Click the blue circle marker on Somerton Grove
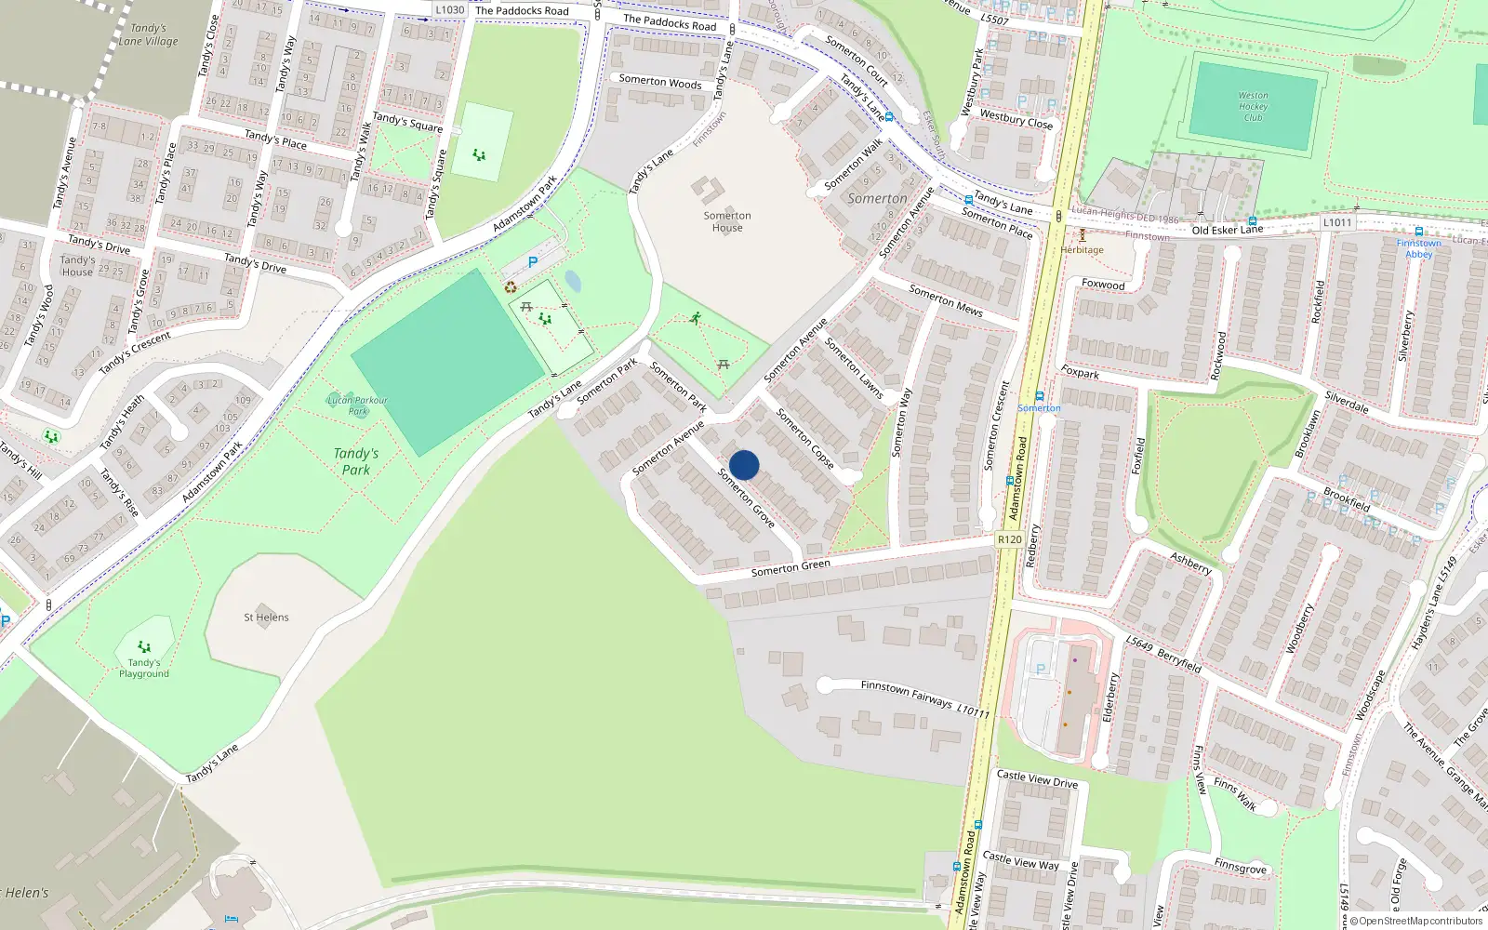click(744, 465)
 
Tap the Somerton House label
click(727, 221)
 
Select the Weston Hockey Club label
click(1253, 106)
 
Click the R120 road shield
click(1009, 539)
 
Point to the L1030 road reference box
click(450, 10)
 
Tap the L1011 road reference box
click(1337, 222)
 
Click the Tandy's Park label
click(356, 461)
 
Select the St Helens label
click(266, 618)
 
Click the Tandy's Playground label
click(144, 668)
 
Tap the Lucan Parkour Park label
click(357, 405)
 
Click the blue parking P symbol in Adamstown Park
click(533, 263)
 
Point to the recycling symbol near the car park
click(511, 287)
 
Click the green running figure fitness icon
click(696, 319)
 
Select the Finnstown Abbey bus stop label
click(1418, 248)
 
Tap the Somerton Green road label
click(790, 568)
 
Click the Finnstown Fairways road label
click(907, 693)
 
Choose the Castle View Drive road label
click(1037, 779)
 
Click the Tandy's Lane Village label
click(148, 35)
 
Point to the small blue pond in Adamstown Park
click(573, 281)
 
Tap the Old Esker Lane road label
click(1227, 230)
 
